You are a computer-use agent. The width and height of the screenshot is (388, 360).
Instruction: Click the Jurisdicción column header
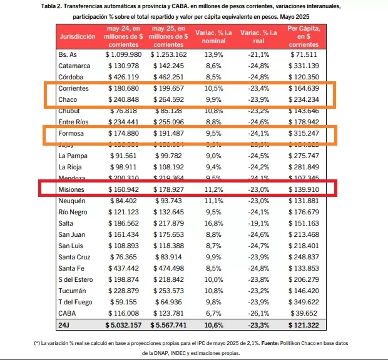click(78, 37)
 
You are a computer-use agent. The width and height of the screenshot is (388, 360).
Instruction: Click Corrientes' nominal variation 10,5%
click(212, 88)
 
